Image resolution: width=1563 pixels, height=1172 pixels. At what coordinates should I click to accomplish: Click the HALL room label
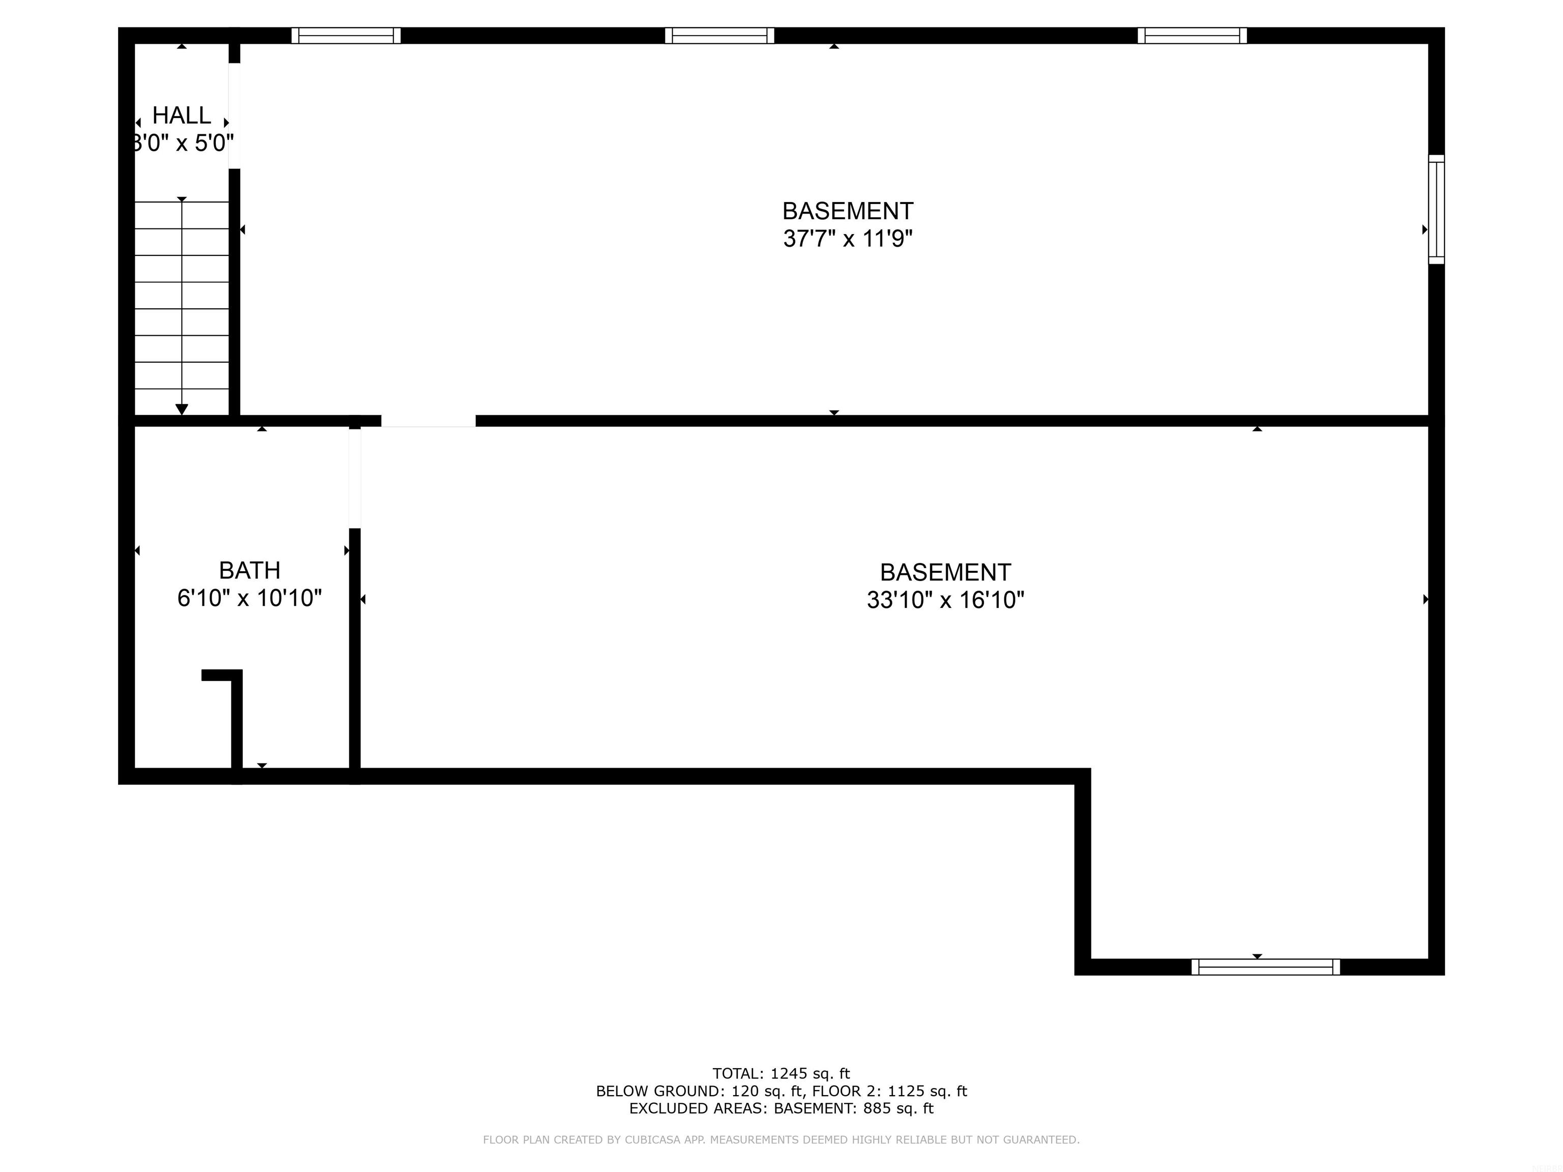point(182,115)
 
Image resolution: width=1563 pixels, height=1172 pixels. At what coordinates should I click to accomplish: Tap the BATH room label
point(249,570)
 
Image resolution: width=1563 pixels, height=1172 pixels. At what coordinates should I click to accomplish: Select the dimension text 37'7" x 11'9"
point(848,239)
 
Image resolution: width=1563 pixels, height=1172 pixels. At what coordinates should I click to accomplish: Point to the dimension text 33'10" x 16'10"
point(945,600)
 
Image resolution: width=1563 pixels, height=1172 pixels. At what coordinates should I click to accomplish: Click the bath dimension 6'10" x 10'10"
point(249,598)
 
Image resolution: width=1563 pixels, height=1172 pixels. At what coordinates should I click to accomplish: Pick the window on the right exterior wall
point(1436,209)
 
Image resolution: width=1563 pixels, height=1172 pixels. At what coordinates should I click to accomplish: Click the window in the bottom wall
point(1265,967)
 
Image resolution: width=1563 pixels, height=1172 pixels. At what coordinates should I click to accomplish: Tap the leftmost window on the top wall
point(346,35)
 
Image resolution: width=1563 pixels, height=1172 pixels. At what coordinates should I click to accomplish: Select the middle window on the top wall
point(719,35)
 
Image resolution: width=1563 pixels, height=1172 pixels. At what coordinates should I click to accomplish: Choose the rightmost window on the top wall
point(1192,35)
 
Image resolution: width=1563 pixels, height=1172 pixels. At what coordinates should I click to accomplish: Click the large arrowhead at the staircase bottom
point(182,409)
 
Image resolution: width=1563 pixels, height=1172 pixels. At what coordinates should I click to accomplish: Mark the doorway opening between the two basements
point(428,421)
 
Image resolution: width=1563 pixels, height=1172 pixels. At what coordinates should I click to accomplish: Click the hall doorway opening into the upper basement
point(235,116)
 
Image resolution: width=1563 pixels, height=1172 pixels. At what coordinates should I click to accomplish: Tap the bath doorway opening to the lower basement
point(355,478)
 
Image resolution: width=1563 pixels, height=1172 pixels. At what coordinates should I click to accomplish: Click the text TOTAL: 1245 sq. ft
point(781,1074)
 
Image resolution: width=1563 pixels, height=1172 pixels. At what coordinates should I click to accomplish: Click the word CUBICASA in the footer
point(653,1139)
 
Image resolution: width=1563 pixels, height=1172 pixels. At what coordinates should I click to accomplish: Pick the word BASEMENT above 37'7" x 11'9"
point(848,211)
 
